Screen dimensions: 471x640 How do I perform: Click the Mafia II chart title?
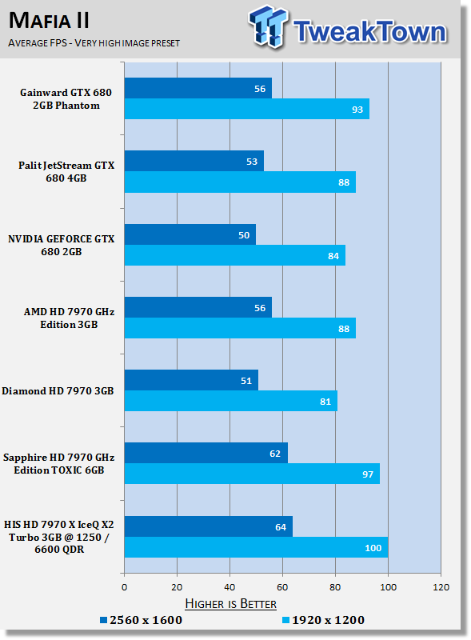[49, 21]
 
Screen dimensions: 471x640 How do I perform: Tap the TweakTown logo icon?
[267, 26]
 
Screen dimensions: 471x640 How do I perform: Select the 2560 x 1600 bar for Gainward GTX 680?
[198, 88]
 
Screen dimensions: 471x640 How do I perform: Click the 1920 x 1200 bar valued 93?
[247, 109]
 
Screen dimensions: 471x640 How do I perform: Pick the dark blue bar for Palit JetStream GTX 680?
[194, 162]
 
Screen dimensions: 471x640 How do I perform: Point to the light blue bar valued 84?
[234, 255]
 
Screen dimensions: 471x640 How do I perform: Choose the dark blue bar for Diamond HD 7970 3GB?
[191, 381]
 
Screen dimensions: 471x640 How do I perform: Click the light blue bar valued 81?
[230, 402]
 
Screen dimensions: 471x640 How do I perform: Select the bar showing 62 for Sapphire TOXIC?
[206, 453]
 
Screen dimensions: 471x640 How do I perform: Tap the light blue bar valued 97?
[252, 474]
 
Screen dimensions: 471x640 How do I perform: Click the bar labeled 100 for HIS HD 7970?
[256, 547]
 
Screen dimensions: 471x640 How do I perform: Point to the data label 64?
[281, 527]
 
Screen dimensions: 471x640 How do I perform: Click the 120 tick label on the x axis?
[441, 587]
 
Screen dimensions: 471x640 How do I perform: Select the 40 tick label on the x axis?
[230, 587]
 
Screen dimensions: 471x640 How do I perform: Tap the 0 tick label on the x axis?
[125, 587]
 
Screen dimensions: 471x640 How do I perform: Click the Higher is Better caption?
[230, 604]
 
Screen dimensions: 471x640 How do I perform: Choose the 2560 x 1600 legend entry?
[142, 620]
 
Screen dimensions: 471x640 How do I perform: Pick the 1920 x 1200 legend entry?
[323, 620]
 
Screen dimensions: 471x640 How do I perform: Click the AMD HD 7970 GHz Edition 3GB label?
[69, 318]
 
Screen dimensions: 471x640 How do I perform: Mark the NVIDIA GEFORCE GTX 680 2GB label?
[62, 245]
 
